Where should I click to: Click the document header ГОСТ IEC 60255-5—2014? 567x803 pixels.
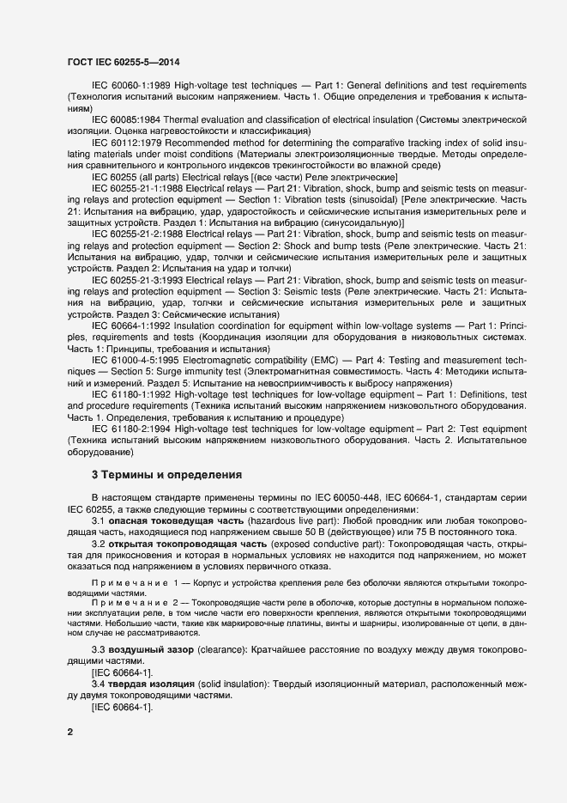click(123, 62)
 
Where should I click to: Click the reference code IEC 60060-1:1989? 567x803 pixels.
click(131, 87)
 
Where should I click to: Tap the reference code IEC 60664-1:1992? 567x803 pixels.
click(131, 326)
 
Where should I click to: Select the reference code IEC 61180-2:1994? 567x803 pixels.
click(131, 428)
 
